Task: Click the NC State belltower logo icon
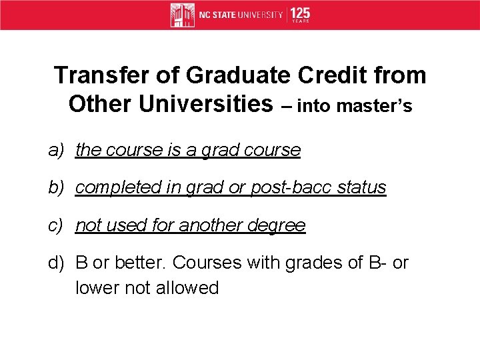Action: (182, 15)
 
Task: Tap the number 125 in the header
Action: (300, 13)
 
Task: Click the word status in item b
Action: (361, 187)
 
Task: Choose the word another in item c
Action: (211, 225)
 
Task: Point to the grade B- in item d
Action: (375, 263)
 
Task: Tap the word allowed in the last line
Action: (190, 288)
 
